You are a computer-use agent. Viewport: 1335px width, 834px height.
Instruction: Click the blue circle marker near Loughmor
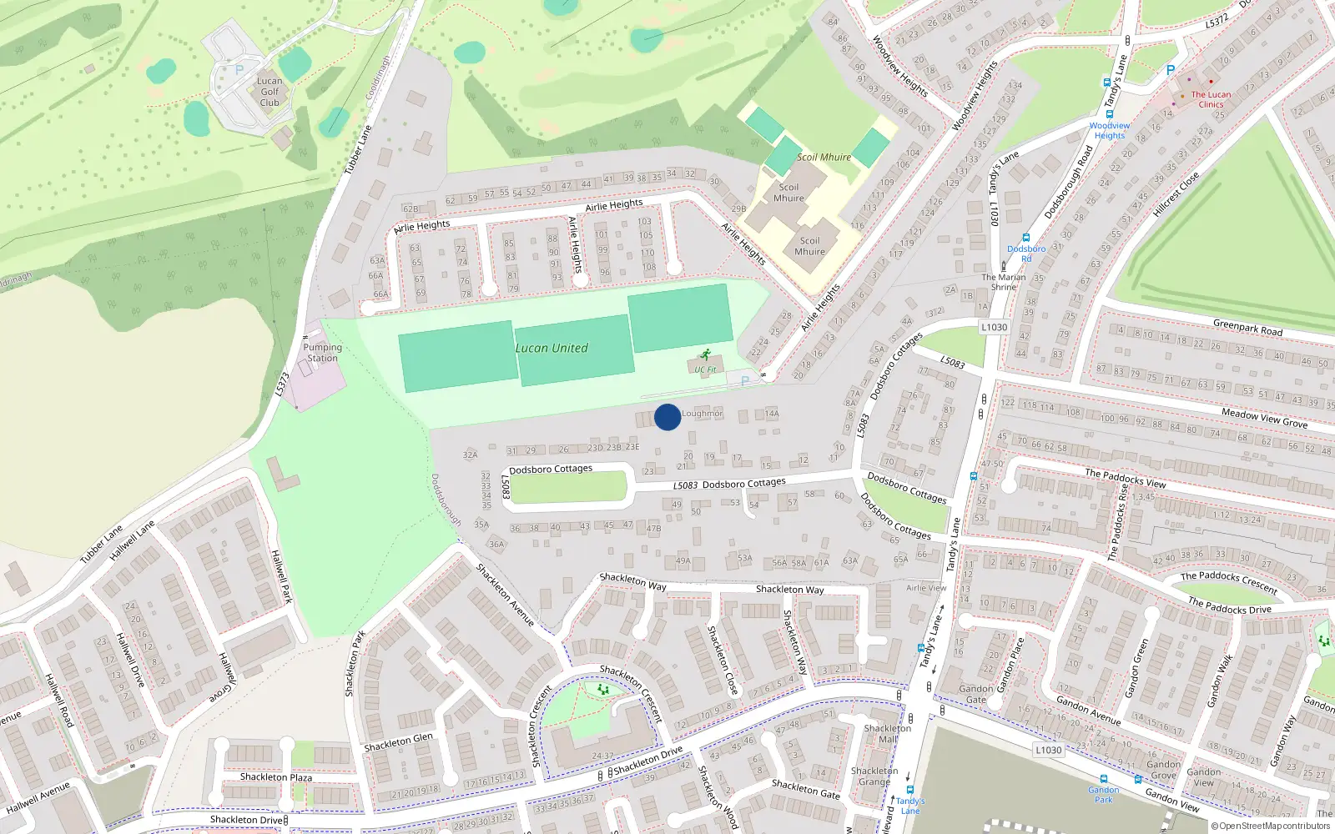[667, 417]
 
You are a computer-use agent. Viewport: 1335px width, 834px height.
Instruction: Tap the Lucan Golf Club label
[270, 93]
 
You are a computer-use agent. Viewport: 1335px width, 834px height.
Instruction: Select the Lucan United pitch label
[552, 349]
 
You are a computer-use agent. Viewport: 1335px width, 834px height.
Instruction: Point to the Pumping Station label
[322, 353]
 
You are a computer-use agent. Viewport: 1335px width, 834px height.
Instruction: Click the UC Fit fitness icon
[706, 355]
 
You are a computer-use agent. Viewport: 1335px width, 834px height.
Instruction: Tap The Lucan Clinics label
[1211, 99]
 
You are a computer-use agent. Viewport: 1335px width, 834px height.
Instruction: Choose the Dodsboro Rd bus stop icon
[1026, 239]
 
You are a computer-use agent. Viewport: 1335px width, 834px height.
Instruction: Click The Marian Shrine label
[1004, 282]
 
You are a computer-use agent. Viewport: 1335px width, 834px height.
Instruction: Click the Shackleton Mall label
[887, 733]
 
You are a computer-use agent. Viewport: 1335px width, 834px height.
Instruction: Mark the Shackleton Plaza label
[276, 777]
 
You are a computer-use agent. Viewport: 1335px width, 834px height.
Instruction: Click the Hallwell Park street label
[282, 576]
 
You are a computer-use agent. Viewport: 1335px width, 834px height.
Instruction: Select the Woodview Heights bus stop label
[1110, 131]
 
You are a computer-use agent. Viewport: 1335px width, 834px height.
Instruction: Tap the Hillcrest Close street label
[1176, 195]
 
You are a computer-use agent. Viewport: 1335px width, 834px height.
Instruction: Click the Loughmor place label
[703, 414]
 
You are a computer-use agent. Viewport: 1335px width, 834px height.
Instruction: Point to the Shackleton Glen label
[399, 742]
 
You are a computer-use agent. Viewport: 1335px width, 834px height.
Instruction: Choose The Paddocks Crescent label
[1229, 582]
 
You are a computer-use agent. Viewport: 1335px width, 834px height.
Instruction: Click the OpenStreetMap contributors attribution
[1270, 826]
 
